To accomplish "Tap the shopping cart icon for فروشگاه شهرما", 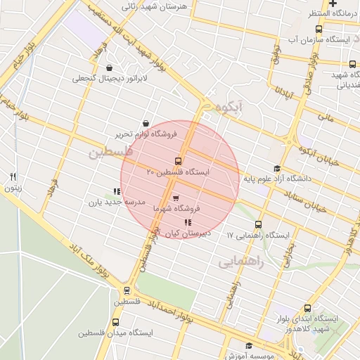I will pos(175,198).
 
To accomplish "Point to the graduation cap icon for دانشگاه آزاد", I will pos(277,168).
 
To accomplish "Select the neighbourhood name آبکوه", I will pos(230,108).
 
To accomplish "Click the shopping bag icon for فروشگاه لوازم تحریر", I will pos(146,123).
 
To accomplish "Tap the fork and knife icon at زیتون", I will pos(13,176).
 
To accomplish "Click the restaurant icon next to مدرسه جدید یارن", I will pos(116,191).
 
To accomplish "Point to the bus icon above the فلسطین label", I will pos(127,290).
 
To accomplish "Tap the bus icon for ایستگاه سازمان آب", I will pos(319,30).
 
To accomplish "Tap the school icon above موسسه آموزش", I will pos(248,345).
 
